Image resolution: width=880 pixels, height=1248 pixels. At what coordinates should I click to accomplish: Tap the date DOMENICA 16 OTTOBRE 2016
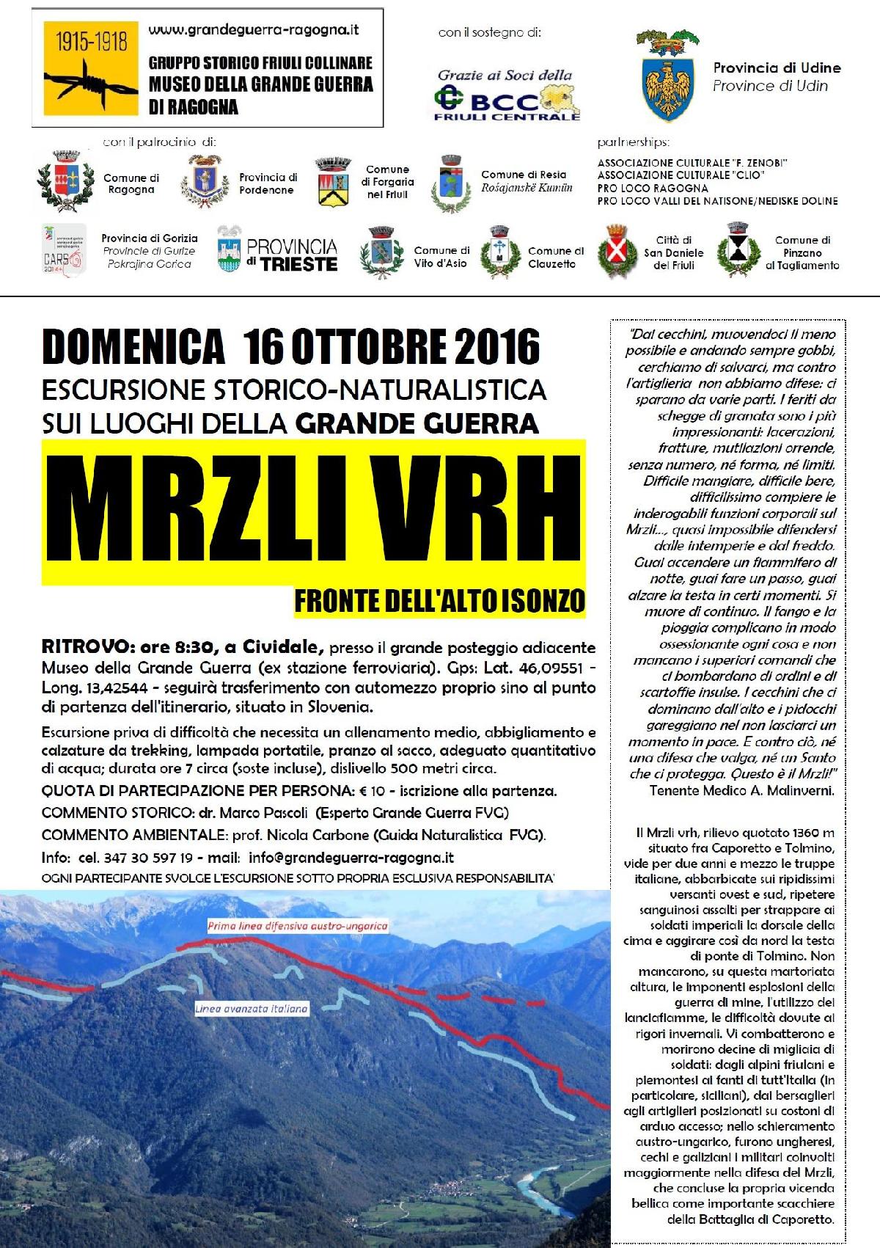(x=291, y=346)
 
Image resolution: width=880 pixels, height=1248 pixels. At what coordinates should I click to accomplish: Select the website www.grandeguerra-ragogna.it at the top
(x=254, y=31)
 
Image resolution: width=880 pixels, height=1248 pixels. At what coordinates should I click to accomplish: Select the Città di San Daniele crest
(x=620, y=252)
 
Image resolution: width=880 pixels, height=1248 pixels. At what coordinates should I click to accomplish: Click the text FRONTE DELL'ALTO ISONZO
(x=439, y=601)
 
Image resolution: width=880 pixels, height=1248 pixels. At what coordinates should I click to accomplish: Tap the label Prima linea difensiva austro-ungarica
(x=297, y=926)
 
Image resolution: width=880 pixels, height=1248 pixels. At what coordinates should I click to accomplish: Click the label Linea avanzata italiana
(x=252, y=1009)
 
